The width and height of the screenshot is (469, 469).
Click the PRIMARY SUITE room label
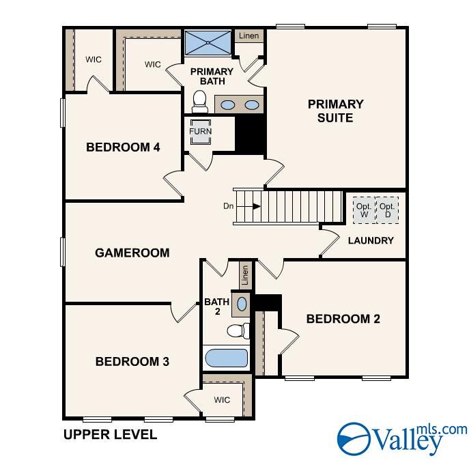coord(335,111)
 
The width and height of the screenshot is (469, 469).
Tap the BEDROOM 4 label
coord(123,147)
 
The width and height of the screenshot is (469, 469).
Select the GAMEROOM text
coord(132,253)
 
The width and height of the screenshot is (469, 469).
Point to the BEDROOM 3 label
coord(132,361)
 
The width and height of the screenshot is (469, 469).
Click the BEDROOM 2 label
coord(343,319)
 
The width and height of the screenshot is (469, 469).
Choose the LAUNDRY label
coord(371,240)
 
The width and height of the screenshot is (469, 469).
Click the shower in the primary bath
coord(208,43)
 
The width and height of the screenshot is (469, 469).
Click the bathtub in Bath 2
coord(226,358)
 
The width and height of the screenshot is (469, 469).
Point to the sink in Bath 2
coord(242,302)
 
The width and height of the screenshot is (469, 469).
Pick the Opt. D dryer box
coord(387,210)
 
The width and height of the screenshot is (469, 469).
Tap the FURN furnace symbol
coord(201,132)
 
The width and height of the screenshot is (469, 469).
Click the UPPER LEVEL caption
coord(110,434)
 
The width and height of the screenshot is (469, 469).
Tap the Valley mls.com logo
coord(402,438)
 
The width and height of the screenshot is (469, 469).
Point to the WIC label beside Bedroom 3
coord(222,399)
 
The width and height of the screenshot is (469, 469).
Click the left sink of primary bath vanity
coord(229,105)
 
